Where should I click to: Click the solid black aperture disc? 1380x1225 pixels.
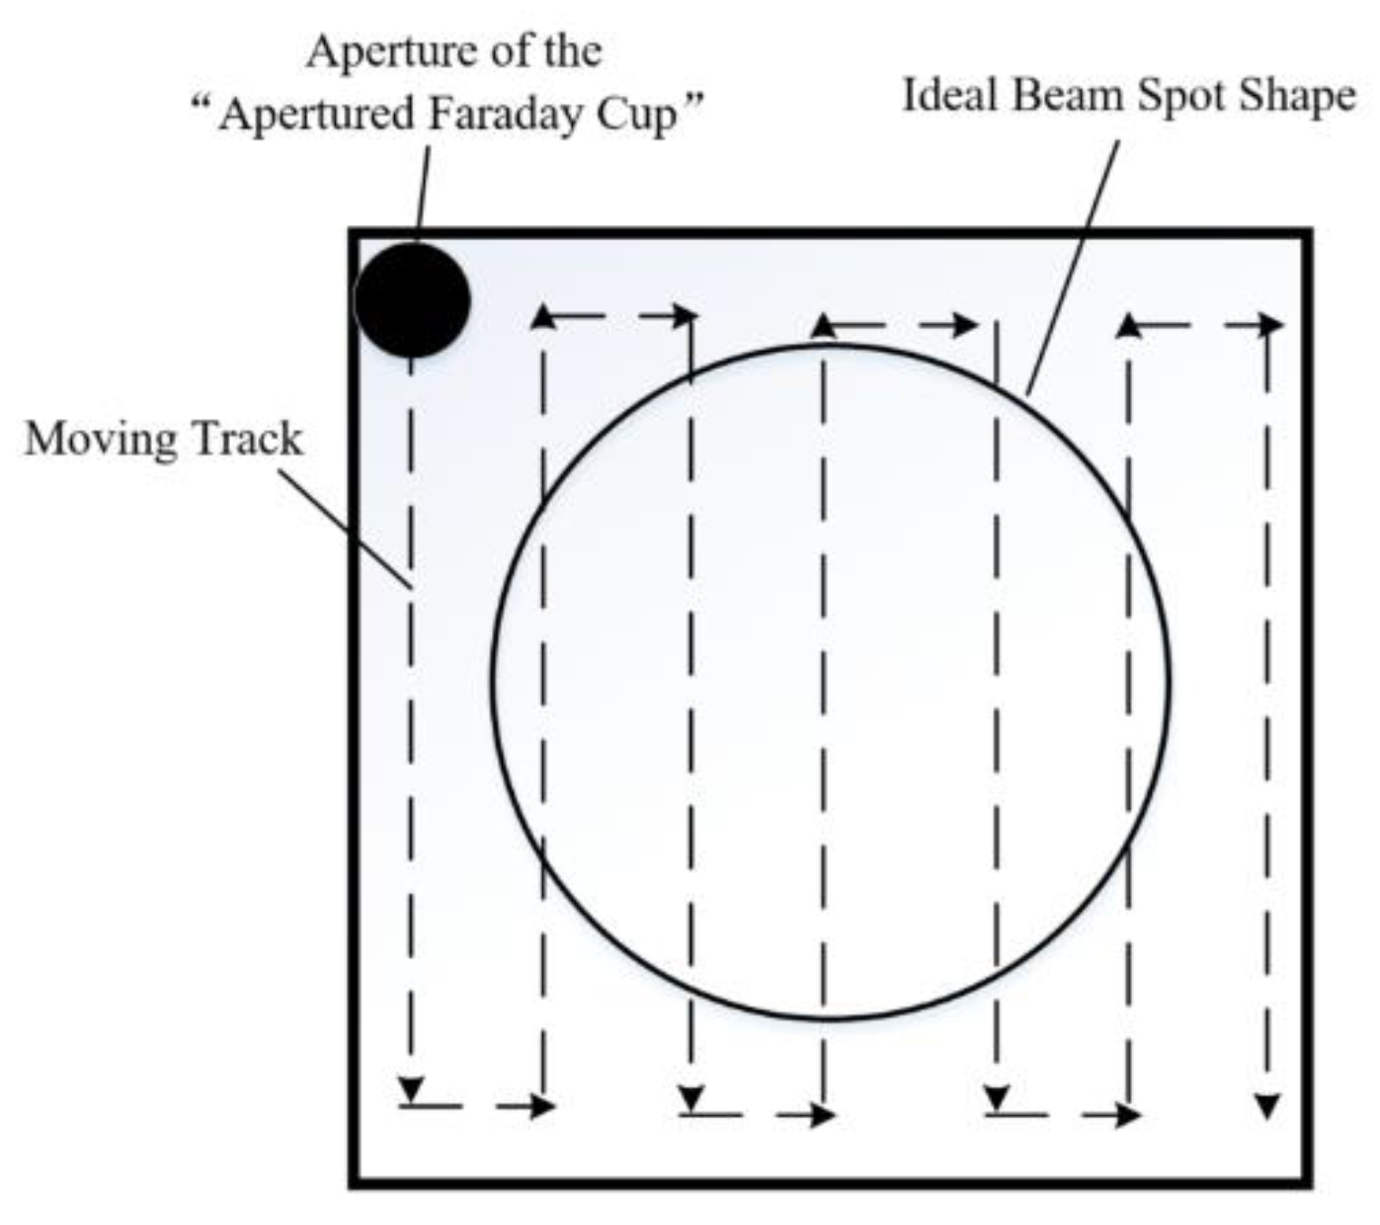tap(411, 299)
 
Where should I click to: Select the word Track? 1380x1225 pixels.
tap(247, 440)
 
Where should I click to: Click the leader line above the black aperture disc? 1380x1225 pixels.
tap(423, 192)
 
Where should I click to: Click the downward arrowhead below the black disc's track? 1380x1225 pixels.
tap(411, 1089)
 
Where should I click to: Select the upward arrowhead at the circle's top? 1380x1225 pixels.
tap(826, 327)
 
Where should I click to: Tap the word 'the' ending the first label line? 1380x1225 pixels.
tap(571, 51)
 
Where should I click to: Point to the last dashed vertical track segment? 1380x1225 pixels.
tap(1267, 692)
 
